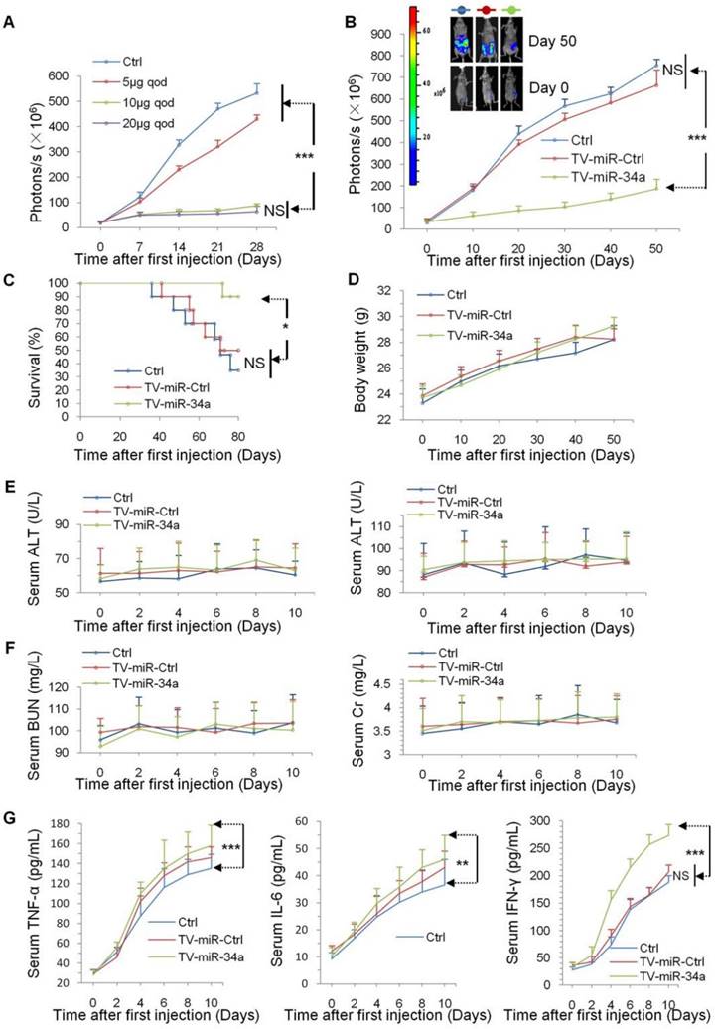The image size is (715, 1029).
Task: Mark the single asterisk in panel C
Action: click(x=311, y=326)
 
